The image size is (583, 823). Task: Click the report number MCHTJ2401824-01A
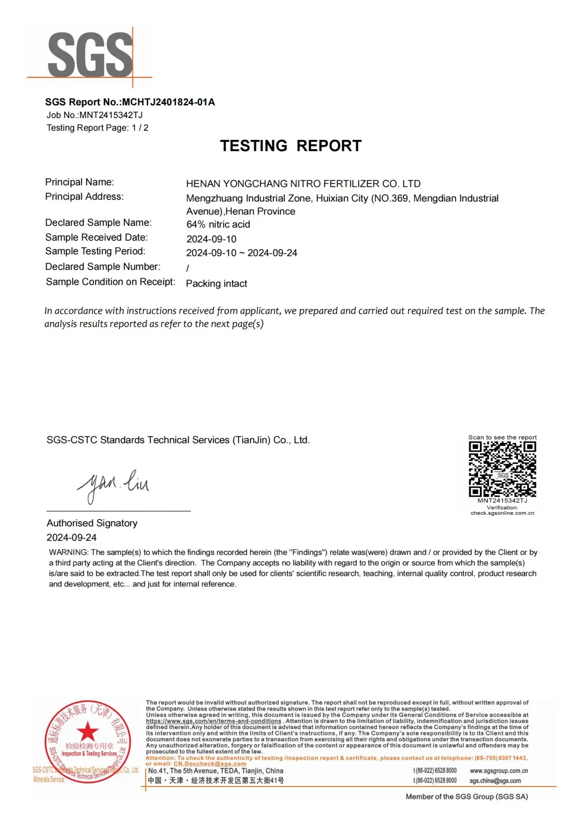click(168, 102)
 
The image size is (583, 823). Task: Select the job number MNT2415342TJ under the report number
click(111, 115)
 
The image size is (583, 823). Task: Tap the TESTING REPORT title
click(291, 146)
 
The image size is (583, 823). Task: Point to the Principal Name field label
click(80, 182)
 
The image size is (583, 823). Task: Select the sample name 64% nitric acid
click(218, 224)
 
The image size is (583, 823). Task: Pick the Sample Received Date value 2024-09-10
click(211, 239)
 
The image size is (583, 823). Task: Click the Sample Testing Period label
click(95, 251)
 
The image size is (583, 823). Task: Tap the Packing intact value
click(217, 284)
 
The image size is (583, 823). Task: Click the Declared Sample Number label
click(103, 267)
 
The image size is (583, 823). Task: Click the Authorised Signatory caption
click(92, 523)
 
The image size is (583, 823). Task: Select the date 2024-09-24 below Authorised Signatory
click(71, 537)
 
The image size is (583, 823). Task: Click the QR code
click(502, 469)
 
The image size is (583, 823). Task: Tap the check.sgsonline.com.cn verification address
click(502, 513)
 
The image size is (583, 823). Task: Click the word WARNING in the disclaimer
click(69, 553)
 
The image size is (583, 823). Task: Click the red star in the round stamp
click(87, 731)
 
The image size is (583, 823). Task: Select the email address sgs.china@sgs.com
click(495, 781)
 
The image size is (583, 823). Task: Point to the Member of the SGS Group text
click(466, 797)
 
